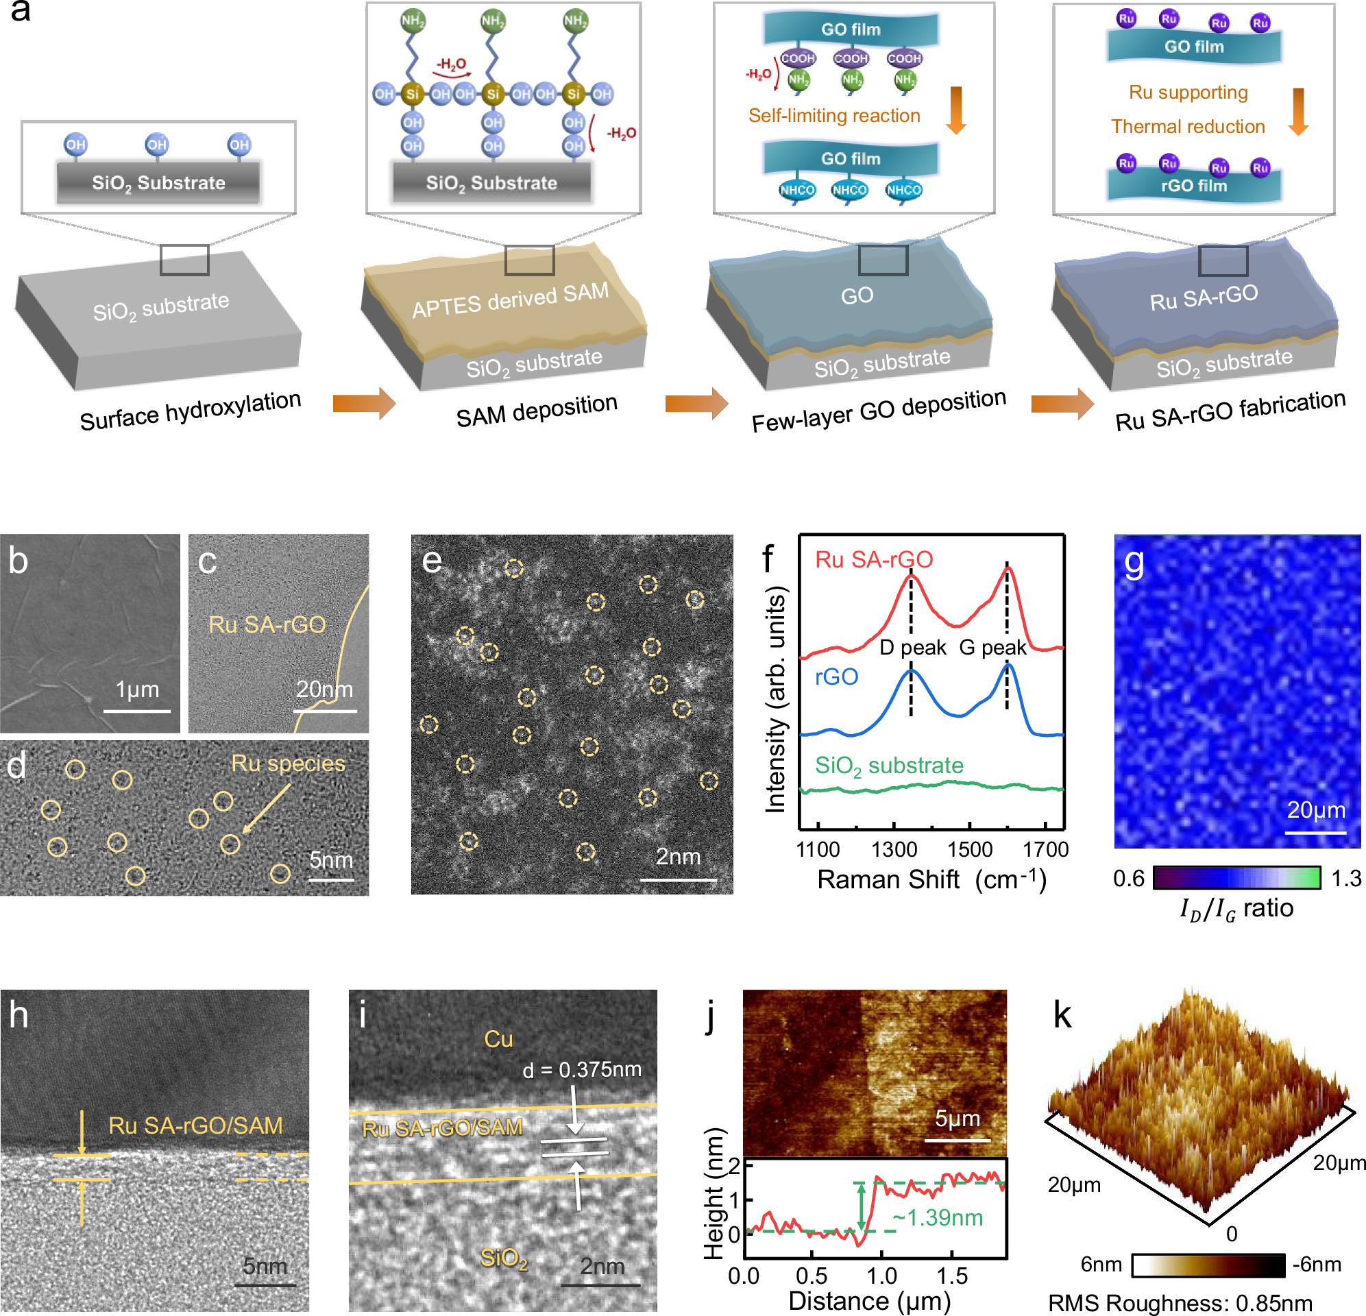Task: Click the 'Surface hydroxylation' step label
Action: pyautogui.click(x=190, y=411)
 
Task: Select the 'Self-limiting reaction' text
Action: pyautogui.click(x=833, y=116)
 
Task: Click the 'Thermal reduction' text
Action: pyautogui.click(x=1187, y=126)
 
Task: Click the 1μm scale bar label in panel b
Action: pyautogui.click(x=136, y=689)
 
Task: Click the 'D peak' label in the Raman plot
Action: pyautogui.click(x=912, y=647)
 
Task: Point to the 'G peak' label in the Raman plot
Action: pyautogui.click(x=992, y=647)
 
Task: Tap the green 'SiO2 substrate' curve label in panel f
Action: pyautogui.click(x=888, y=766)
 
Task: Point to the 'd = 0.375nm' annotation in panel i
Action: pyautogui.click(x=581, y=1069)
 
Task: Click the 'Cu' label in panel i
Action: pyautogui.click(x=498, y=1038)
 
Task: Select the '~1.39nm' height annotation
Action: pyautogui.click(x=937, y=1217)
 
